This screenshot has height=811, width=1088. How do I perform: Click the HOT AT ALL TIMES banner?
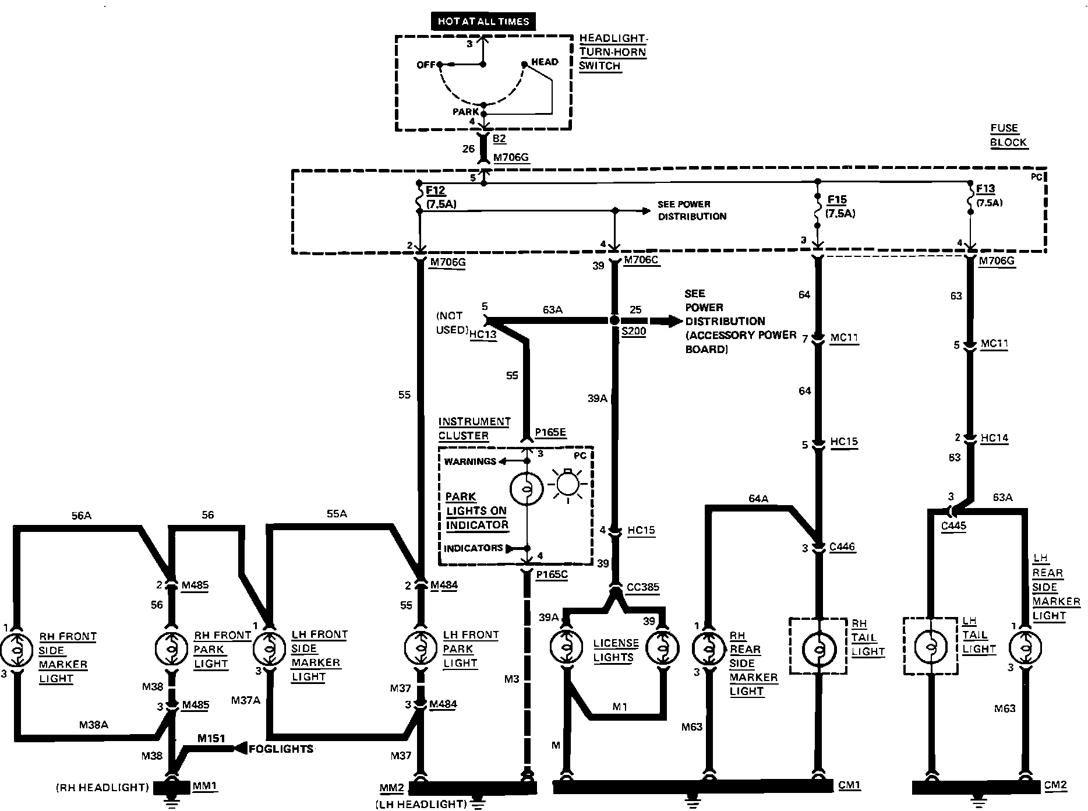point(483,22)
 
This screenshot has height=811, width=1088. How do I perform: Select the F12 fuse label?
point(436,189)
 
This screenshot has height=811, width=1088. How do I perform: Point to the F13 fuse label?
point(985,189)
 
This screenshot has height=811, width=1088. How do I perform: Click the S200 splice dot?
point(614,320)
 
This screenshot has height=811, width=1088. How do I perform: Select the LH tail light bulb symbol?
point(930,647)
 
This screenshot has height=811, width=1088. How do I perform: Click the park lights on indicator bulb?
point(526,488)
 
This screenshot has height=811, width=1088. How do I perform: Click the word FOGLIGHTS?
point(281,749)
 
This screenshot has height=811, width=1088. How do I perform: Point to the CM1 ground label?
point(849,785)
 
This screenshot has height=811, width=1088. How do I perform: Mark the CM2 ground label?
point(1055,785)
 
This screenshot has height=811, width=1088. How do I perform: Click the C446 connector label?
point(842,546)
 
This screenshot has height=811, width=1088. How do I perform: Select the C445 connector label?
point(953,526)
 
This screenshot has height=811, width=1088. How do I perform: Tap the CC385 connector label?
point(643,587)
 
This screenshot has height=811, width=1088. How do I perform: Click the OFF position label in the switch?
point(426,65)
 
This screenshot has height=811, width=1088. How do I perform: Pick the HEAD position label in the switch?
point(545,62)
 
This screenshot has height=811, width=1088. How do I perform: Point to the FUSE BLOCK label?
point(1008,135)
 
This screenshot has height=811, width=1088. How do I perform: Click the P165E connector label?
point(550,432)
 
